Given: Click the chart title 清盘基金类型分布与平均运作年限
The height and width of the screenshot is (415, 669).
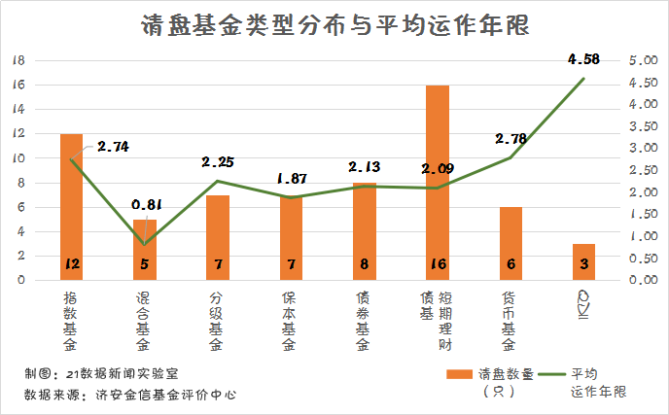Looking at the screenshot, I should point(334,25).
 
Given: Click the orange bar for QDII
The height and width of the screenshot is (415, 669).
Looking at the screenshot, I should point(584,261).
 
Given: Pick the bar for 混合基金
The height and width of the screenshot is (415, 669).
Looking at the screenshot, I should point(144,250).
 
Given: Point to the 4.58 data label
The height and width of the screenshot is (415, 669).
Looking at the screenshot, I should point(584,59).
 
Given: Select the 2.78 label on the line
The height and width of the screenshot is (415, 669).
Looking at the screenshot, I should point(511,139).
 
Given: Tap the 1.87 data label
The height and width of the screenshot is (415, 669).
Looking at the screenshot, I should point(292,179).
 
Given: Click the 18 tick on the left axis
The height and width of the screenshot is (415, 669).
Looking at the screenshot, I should point(17,59).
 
